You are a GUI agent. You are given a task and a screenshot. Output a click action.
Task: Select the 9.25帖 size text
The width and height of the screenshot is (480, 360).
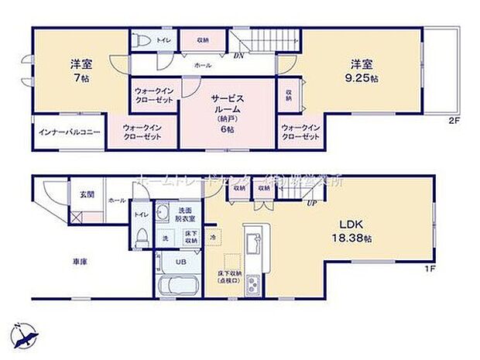click(363, 79)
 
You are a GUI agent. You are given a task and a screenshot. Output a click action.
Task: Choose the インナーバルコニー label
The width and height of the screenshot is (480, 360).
click(70, 132)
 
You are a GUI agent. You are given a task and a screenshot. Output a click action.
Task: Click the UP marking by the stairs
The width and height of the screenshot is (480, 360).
click(311, 204)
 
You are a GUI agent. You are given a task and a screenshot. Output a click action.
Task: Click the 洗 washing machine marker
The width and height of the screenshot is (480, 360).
click(164, 238)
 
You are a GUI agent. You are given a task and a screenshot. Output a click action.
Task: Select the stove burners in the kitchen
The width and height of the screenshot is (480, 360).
click(252, 287)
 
